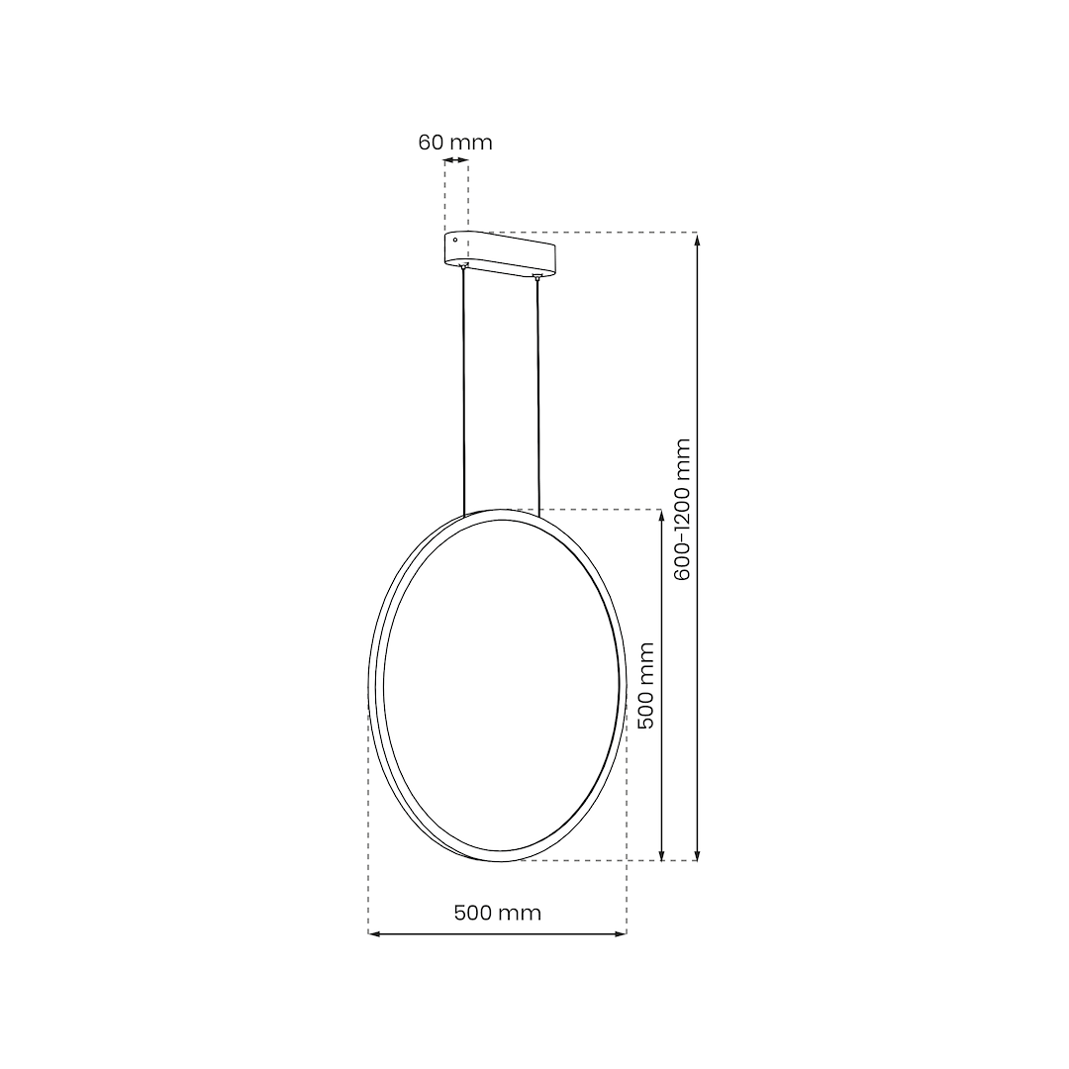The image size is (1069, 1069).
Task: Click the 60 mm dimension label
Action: pos(455,142)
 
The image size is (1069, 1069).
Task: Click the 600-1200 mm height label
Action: pos(682,509)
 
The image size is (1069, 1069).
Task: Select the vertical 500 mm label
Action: pos(646,685)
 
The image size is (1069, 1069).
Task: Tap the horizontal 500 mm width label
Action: pos(498,913)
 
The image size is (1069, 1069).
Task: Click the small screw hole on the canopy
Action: pos(455,240)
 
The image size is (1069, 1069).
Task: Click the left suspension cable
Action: pos(464,396)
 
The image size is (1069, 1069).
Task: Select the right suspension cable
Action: pos(538,396)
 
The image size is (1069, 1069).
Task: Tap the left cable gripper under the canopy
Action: pos(464,267)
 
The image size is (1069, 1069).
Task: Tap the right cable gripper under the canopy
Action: pos(537,278)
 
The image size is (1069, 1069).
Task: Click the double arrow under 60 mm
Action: pos(456,160)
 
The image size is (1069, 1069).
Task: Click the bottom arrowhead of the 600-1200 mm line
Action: pos(698,855)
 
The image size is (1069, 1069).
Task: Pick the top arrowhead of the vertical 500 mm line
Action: pos(661,515)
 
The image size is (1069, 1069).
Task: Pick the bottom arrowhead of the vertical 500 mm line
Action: pos(661,855)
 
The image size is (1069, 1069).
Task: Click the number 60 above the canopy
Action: pos(430,142)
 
